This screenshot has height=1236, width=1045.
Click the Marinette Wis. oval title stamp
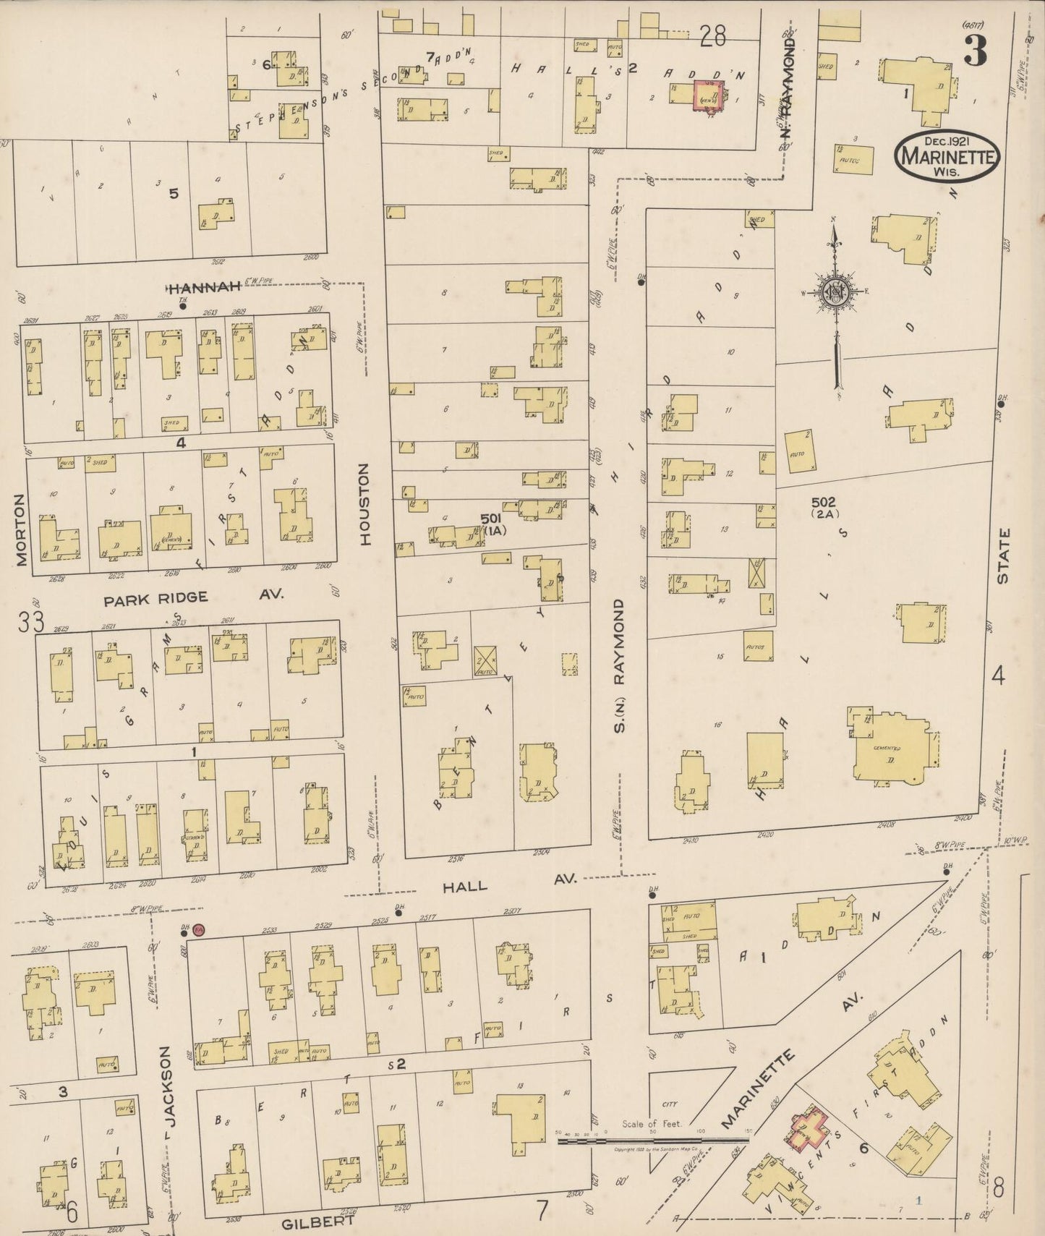coord(947,153)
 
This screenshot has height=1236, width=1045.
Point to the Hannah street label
coord(204,288)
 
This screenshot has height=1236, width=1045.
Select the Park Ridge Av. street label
coord(194,597)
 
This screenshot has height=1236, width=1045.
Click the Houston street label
coord(364,504)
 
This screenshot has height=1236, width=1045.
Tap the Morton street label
coord(20,530)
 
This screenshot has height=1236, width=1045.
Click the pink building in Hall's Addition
coord(707,95)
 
